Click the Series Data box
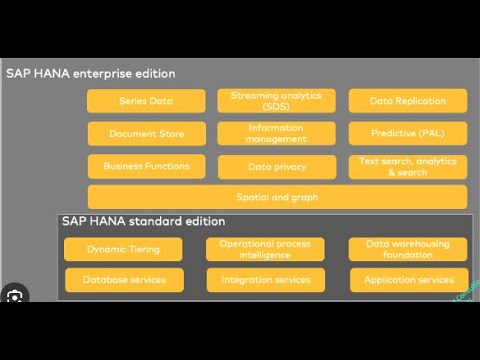(x=146, y=101)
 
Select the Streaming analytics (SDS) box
(x=276, y=101)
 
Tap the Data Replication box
(x=408, y=101)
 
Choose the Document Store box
(x=146, y=133)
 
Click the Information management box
(x=276, y=133)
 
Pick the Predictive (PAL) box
(x=408, y=133)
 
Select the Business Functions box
(x=146, y=165)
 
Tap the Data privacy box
(x=276, y=166)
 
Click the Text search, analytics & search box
(x=408, y=166)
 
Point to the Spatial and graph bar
(x=277, y=197)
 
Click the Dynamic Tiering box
(x=124, y=249)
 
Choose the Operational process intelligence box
(x=266, y=249)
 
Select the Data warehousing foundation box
(x=408, y=249)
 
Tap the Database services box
(x=124, y=280)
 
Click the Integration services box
(x=266, y=280)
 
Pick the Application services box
(x=408, y=280)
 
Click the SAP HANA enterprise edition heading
(x=91, y=74)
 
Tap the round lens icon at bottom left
(x=14, y=297)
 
